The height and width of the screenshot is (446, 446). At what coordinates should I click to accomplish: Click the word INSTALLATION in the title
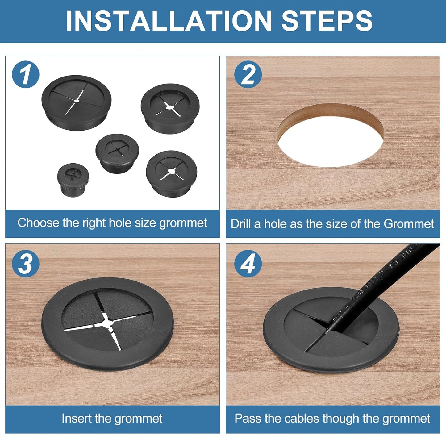tap(169, 21)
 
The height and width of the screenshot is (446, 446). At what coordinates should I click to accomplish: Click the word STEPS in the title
tap(327, 21)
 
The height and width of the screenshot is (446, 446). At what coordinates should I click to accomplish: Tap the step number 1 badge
tap(26, 74)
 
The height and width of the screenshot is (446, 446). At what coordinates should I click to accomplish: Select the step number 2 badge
tap(248, 74)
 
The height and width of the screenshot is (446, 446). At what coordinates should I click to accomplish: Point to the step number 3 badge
tap(26, 264)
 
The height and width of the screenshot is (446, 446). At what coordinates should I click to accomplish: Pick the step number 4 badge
tap(248, 264)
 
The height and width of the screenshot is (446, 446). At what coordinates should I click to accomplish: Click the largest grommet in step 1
tap(76, 102)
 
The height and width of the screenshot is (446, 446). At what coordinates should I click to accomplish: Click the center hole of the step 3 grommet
tap(107, 322)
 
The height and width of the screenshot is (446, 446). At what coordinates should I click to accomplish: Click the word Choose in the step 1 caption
tap(38, 223)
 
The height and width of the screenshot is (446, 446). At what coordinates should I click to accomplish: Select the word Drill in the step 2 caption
tap(241, 224)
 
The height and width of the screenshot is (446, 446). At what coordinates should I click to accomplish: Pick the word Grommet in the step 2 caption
tap(409, 224)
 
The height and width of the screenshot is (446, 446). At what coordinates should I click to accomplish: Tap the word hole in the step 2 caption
tap(275, 224)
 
